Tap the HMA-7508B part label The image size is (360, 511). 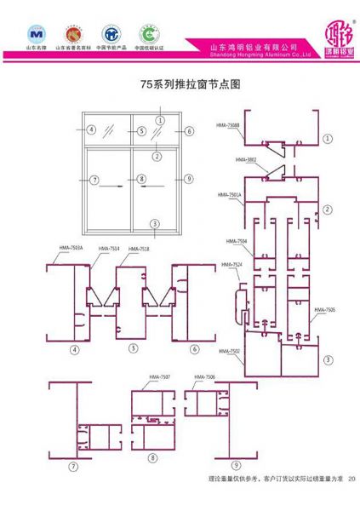click(x=229, y=125)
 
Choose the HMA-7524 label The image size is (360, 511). click(x=231, y=265)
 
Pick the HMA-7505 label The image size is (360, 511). click(x=324, y=309)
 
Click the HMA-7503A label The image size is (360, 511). click(x=71, y=248)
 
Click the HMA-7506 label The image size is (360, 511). click(x=204, y=376)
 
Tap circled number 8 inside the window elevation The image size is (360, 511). click(x=142, y=179)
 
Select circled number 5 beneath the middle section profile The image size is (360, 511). click(x=133, y=349)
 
